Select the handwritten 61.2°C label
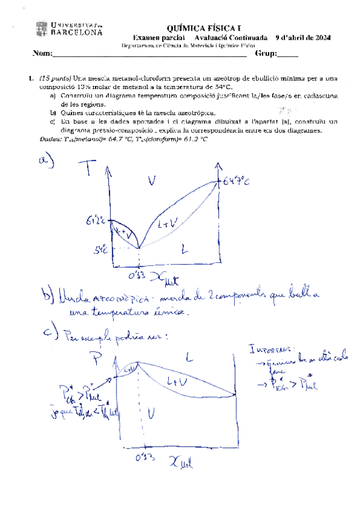[99, 221]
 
